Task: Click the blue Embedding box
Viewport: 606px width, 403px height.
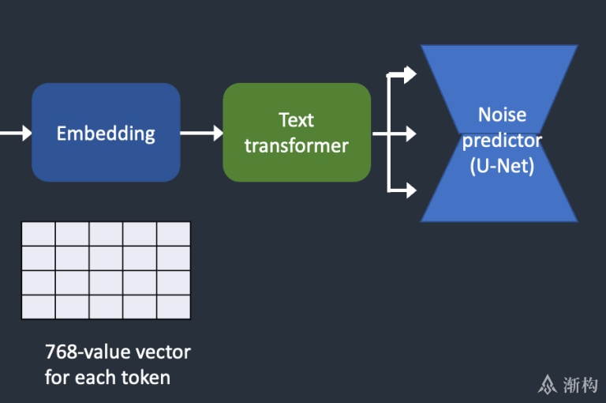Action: click(106, 133)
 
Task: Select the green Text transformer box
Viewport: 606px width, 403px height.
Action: click(297, 133)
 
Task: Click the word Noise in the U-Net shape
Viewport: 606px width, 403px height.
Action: click(502, 115)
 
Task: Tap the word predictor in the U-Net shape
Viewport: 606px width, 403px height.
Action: click(502, 141)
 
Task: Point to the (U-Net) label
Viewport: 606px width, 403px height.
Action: click(502, 166)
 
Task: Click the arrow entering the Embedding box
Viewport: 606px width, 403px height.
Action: click(16, 134)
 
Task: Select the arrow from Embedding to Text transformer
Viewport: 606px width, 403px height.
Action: click(202, 134)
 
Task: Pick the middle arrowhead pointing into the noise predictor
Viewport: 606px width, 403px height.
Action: click(410, 134)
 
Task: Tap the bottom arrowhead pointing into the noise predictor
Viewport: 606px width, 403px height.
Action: click(410, 190)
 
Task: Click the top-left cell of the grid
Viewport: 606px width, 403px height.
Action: click(38, 234)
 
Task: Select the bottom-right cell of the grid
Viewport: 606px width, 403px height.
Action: click(174, 307)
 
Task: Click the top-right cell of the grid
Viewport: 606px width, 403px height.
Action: click(174, 234)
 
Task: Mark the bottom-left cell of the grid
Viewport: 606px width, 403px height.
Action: click(38, 307)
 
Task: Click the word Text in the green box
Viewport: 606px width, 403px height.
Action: click(297, 120)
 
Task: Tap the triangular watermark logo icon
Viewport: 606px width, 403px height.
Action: click(548, 385)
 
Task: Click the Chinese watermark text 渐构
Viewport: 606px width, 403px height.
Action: click(580, 385)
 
